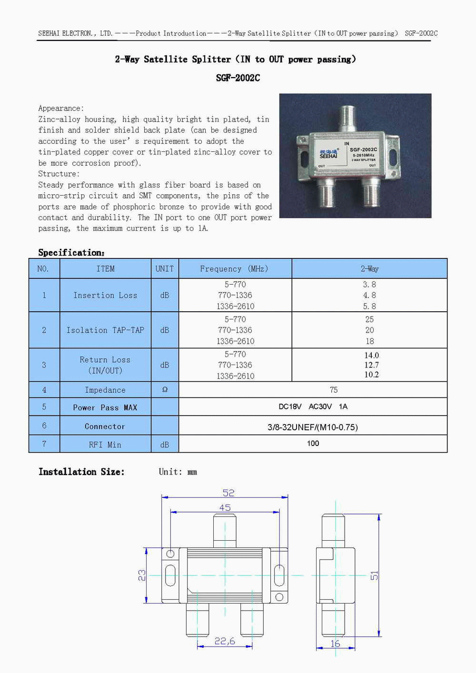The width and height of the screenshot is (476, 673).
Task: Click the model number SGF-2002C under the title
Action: (238, 78)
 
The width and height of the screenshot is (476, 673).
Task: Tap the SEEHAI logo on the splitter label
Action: (328, 154)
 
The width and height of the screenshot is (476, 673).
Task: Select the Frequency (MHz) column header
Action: (234, 269)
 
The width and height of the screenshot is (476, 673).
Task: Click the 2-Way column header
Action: (369, 269)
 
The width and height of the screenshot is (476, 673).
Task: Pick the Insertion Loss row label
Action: (105, 296)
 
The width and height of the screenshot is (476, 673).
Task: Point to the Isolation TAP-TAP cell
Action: (105, 330)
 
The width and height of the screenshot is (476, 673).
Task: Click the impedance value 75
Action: (334, 390)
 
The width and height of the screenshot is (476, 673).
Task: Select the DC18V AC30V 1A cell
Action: (313, 406)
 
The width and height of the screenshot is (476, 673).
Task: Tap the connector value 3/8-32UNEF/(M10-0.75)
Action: (313, 427)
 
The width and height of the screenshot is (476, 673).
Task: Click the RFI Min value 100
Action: (313, 444)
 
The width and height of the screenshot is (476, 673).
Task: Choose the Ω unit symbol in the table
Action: (165, 390)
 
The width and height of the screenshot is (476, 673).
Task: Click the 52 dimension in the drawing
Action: (228, 493)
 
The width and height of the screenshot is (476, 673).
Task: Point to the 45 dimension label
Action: (225, 508)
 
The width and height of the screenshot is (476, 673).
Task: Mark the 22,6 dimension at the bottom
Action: (225, 641)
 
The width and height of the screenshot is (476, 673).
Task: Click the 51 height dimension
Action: (375, 575)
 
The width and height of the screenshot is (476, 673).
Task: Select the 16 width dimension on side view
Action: (335, 643)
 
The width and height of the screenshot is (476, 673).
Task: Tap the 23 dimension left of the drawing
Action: (142, 575)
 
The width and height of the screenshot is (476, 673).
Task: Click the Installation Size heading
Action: (81, 472)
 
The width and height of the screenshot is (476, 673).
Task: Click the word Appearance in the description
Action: (60, 109)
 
